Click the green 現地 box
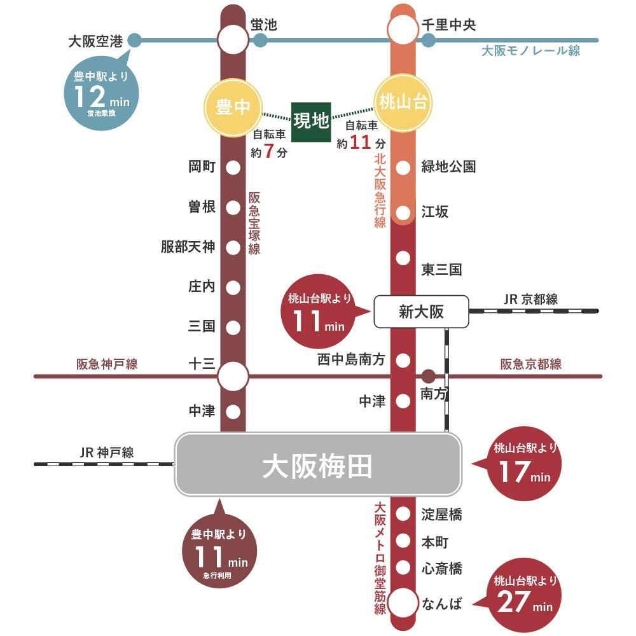click(311, 121)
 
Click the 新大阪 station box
click(421, 312)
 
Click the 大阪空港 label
click(95, 42)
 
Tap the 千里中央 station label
click(449, 25)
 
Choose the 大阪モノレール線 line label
click(531, 51)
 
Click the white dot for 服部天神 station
click(233, 247)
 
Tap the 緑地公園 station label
click(448, 167)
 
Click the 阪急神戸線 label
click(107, 364)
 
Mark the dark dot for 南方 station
click(429, 376)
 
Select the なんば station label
click(442, 603)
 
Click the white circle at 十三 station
click(233, 377)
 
